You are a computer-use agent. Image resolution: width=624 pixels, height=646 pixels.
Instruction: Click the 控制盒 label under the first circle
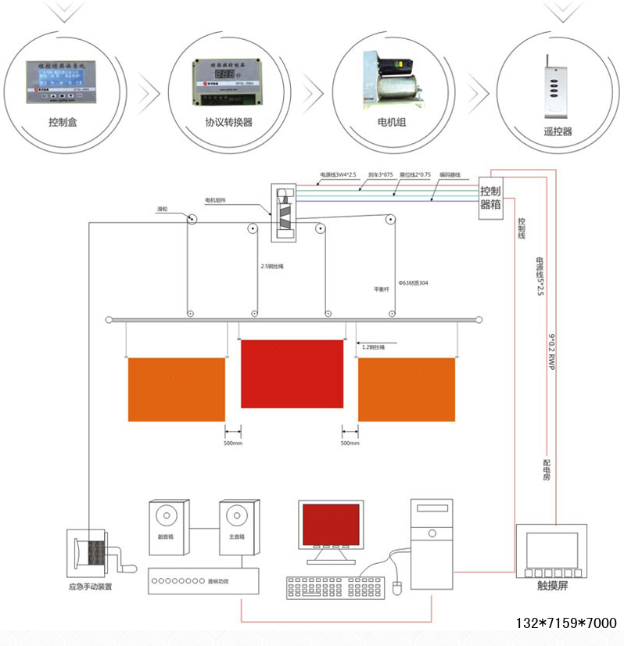(63, 122)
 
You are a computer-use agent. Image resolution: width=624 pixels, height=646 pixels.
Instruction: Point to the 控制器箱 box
(490, 197)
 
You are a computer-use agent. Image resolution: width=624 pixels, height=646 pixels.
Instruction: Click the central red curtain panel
(292, 374)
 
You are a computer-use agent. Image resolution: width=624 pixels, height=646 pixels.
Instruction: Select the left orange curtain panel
(176, 389)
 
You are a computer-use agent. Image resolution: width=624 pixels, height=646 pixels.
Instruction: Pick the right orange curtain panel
(407, 389)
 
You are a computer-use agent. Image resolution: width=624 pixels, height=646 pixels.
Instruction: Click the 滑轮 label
(163, 210)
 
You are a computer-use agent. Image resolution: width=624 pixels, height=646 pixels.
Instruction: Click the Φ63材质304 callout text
(414, 282)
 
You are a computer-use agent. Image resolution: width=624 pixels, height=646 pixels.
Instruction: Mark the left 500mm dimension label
(232, 443)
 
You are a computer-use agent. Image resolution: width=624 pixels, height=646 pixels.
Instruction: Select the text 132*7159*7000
(566, 624)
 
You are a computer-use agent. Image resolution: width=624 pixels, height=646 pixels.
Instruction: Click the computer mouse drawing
(396, 587)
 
